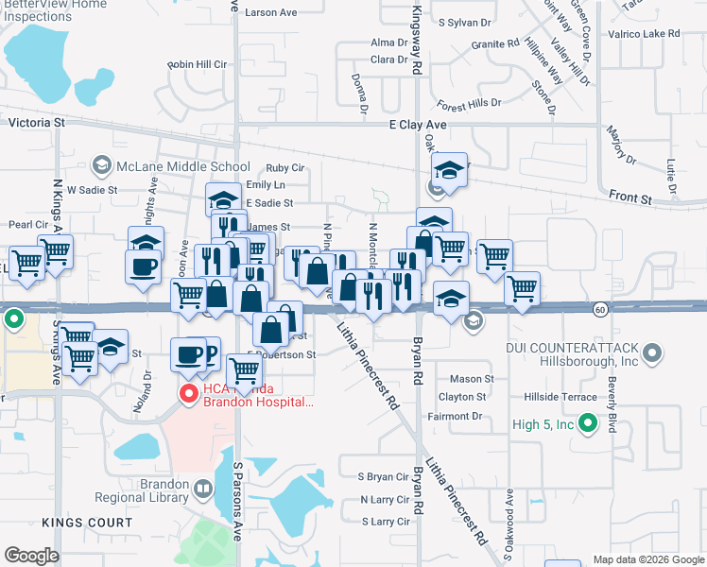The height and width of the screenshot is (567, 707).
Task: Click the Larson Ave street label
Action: [270, 12]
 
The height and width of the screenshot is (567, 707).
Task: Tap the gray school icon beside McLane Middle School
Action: [100, 167]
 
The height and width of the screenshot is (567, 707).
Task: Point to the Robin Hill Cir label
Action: [198, 64]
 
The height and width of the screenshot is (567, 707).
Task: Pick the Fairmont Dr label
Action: [455, 416]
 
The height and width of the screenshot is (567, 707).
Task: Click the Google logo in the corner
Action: [31, 556]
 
